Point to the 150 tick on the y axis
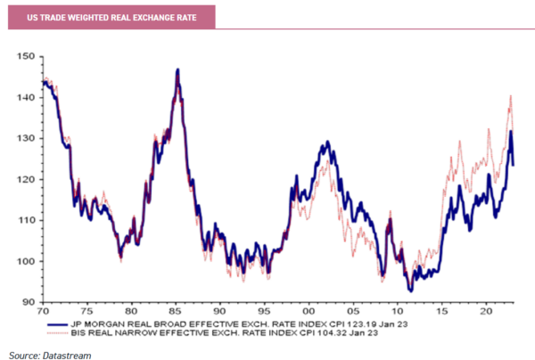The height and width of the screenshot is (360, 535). [27, 56]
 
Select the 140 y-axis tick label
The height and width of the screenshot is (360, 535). [27, 97]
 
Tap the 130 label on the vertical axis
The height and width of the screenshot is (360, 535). [27, 138]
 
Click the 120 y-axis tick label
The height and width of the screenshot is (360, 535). [27, 179]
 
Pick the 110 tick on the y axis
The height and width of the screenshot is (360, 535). [27, 220]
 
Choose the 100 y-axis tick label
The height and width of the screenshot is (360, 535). [27, 261]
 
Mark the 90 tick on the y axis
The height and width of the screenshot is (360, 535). [29, 302]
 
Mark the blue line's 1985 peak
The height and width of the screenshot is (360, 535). [178, 70]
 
